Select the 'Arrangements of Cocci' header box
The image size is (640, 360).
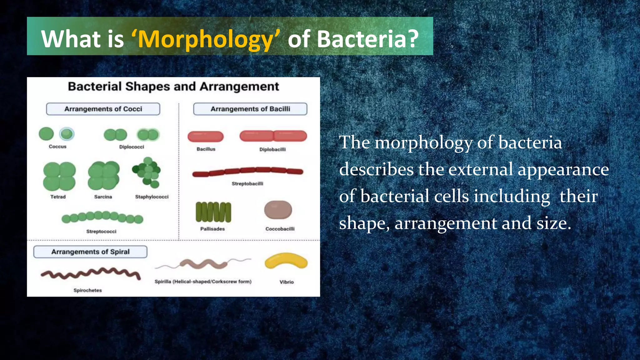[x=103, y=109]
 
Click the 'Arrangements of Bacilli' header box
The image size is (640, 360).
[x=250, y=109]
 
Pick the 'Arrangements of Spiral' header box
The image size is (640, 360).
[x=90, y=252]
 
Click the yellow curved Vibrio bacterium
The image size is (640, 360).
[x=286, y=261]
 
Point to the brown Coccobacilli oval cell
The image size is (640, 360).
[x=278, y=210]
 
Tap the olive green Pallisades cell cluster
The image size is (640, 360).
[x=213, y=212]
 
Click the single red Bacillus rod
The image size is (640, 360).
[x=206, y=137]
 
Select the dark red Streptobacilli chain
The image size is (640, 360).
[x=247, y=171]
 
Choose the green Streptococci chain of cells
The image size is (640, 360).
[x=102, y=217]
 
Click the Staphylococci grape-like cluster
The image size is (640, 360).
[x=147, y=172]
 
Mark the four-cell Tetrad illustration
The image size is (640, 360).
[x=59, y=176]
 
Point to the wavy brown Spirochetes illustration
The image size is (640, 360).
[x=91, y=273]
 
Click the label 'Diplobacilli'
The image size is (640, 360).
[x=272, y=149]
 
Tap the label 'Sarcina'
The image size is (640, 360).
[x=103, y=197]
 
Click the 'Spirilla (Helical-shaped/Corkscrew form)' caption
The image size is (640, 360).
[x=203, y=282]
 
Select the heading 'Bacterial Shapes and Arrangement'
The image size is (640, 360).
[x=173, y=87]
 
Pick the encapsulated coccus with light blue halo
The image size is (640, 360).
[x=67, y=134]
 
